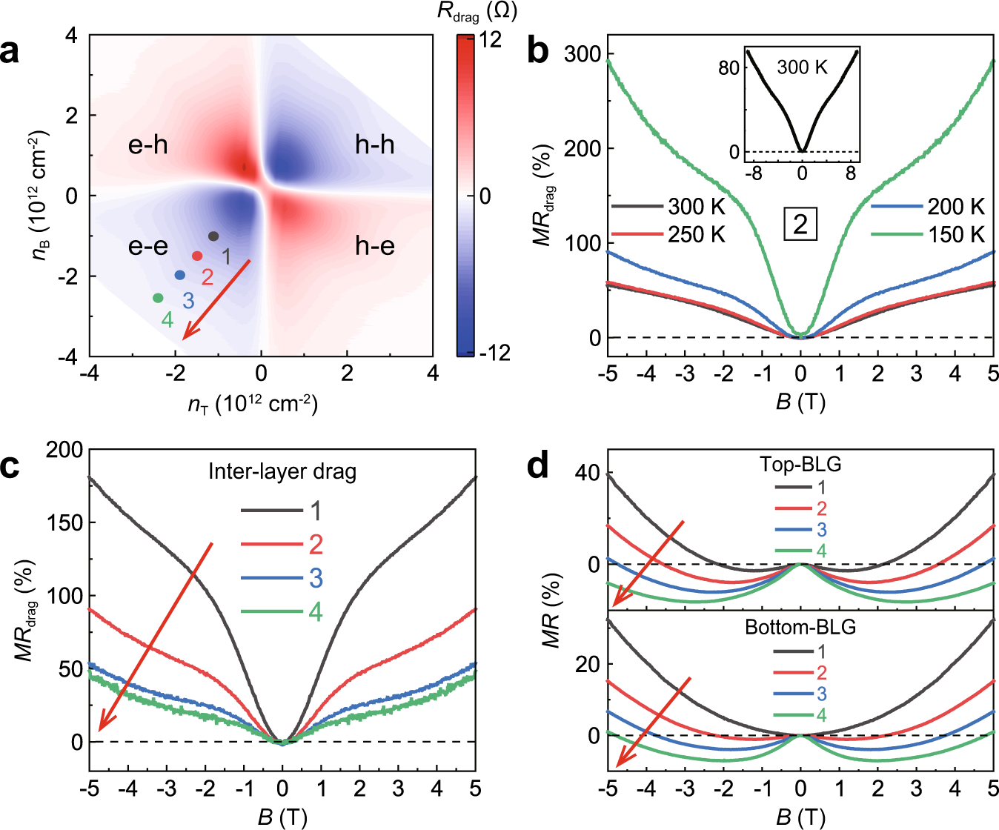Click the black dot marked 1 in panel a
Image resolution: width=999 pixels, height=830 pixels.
[213, 236]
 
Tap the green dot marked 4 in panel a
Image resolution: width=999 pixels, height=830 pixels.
[158, 298]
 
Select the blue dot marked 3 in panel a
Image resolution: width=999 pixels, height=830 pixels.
[180, 275]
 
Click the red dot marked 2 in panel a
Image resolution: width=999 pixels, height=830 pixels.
[197, 256]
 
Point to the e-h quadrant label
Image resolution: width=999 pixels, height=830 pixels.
[148, 145]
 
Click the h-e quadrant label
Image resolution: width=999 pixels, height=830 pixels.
[375, 245]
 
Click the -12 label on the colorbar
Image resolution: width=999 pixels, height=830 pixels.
[494, 352]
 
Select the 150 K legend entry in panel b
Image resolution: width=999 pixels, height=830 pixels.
[956, 235]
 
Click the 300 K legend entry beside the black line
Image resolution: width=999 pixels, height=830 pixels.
[697, 206]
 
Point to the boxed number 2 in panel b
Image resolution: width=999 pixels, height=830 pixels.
[800, 225]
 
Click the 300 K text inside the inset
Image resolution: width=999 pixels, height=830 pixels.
[802, 67]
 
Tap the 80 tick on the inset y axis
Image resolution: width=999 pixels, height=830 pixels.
[729, 68]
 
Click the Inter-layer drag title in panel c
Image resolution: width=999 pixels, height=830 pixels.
[282, 471]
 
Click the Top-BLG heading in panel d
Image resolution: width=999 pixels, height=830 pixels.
[800, 465]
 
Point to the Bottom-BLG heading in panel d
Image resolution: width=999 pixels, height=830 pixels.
[800, 627]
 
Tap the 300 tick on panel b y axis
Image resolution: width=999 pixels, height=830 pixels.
[583, 54]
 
